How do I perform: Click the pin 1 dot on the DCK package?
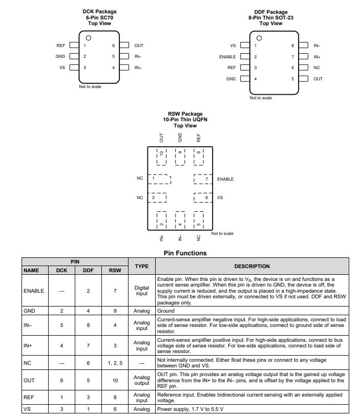[89, 38]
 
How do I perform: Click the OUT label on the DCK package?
[139, 46]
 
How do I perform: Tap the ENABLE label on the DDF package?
[227, 57]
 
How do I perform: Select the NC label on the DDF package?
[316, 68]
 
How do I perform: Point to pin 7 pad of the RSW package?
[203, 179]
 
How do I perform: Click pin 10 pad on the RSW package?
[161, 157]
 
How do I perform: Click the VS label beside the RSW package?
[220, 198]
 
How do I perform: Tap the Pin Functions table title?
[185, 253]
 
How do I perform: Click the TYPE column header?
[141, 266]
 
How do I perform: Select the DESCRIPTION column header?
[251, 266]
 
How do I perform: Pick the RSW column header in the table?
[115, 270]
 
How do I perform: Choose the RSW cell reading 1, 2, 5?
[115, 363]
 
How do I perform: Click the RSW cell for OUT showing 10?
[115, 381]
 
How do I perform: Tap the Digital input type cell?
[141, 291]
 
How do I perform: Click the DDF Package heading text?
[271, 12]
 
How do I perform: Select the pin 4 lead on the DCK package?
[124, 68]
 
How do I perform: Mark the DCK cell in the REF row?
[61, 397]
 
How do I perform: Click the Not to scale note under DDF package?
[261, 98]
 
